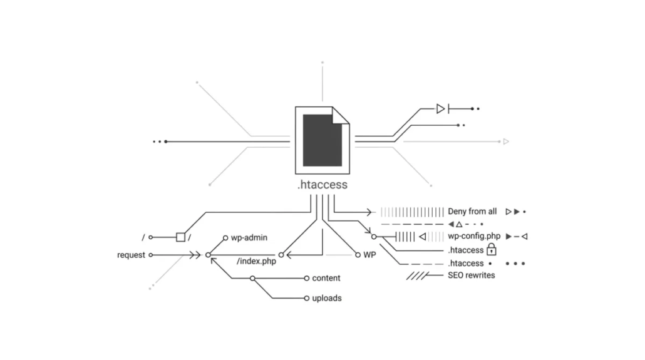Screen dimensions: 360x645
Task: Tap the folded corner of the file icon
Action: point(341,116)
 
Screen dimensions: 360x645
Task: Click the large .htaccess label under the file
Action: point(322,185)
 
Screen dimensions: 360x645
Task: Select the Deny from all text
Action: point(472,212)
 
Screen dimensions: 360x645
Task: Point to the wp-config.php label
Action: point(473,236)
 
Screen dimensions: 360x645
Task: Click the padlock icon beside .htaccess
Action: point(492,250)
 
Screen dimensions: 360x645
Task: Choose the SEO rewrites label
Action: point(471,275)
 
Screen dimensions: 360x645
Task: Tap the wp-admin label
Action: point(249,238)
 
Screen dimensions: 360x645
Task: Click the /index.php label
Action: point(256,261)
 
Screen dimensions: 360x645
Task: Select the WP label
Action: point(370,255)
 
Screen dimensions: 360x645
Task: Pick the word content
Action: point(326,278)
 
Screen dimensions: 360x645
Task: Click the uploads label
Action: point(327,298)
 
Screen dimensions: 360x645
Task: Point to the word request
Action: point(131,255)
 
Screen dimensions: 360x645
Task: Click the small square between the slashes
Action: point(180,237)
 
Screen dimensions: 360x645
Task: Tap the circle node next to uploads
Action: point(306,298)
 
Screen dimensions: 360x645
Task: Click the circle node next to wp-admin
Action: point(225,238)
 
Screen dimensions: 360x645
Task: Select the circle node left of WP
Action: point(358,255)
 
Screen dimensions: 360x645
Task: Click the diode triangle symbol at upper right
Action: point(441,109)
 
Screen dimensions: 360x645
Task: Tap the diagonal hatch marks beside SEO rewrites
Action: point(416,275)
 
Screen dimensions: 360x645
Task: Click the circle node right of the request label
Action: point(150,255)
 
